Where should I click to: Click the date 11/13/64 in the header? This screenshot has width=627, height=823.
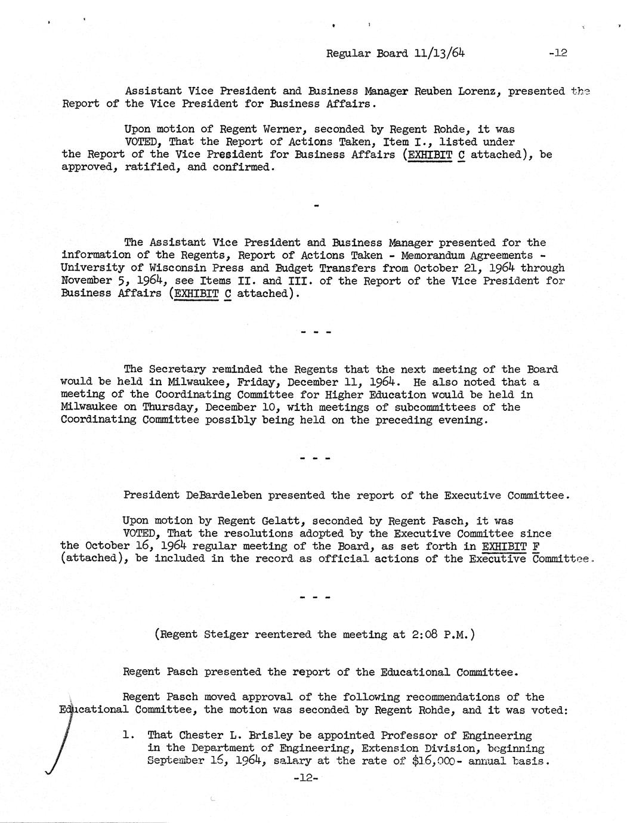pos(438,52)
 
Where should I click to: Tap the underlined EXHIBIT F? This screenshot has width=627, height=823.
pos(511,546)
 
